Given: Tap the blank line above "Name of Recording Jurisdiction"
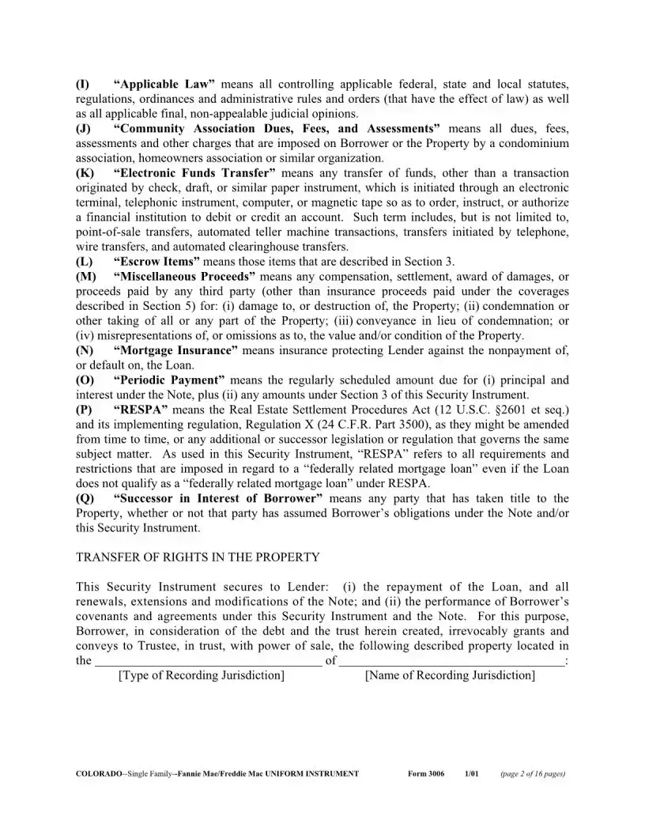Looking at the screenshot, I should tap(452, 660).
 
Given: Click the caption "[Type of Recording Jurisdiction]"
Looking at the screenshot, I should tap(201, 675).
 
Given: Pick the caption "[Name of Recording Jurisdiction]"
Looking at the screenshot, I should tap(451, 675).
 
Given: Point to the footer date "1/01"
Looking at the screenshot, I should tap(473, 773).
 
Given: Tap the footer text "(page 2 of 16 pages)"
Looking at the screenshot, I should tap(533, 773).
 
